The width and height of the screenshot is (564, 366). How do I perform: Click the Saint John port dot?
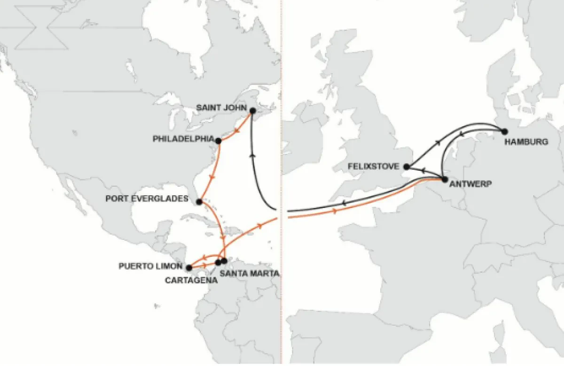coord(252,111)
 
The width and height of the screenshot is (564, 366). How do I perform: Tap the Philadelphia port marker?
coord(219,141)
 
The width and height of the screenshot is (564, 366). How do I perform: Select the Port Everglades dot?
coord(199,202)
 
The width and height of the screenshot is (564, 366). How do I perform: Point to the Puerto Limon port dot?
coord(189,268)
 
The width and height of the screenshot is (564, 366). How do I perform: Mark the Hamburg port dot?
coord(505,132)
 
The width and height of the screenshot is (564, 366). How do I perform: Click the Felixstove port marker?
coord(407,167)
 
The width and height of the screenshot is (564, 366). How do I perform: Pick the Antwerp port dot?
coord(444,179)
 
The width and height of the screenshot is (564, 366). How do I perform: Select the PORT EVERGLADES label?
coord(147,198)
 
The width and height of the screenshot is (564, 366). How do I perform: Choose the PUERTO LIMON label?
coord(150,267)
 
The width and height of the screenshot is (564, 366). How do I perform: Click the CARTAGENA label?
coord(191,280)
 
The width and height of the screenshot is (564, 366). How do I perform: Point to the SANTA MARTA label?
coord(250,273)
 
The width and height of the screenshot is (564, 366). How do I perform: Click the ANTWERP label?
coord(470,184)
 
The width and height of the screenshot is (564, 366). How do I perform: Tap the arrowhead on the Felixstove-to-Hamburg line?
coord(439,141)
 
